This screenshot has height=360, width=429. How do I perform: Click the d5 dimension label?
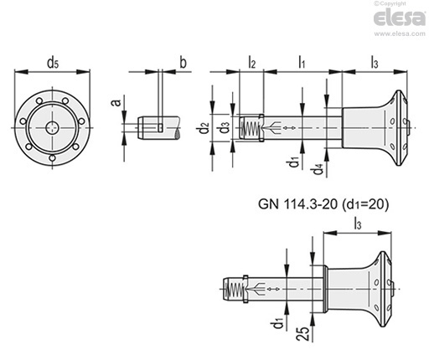tap(53, 63)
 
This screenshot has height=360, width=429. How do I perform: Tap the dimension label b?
tap(183, 63)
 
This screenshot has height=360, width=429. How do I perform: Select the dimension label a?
tap(116, 102)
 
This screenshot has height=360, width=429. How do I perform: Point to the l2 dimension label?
tap(251, 62)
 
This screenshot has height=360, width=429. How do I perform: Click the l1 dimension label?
tap(302, 62)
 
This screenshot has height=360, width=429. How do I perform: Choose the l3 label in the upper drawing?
tap(375, 62)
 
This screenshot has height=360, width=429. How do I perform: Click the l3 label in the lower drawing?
tap(358, 224)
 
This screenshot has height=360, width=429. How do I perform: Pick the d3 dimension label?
tap(225, 128)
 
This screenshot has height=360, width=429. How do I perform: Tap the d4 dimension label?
tap(318, 169)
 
